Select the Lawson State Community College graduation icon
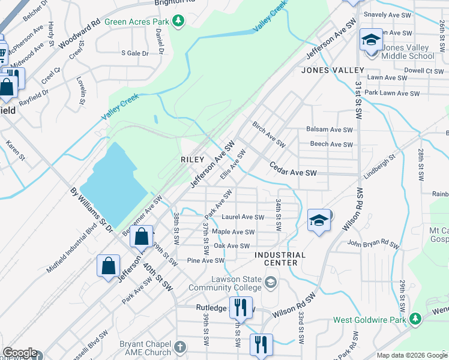coord(271,282)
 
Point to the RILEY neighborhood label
coord(193,160)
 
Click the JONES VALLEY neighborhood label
coord(324,70)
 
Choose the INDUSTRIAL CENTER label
coord(280,259)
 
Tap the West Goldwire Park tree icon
coord(415,319)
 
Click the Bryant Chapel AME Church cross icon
coord(179,347)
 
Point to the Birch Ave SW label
coord(268,136)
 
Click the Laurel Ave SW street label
coord(243,217)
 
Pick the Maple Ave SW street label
coord(233,232)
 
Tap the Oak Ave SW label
coord(232,246)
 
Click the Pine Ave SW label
coord(205,260)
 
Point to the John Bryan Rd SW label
coord(373,245)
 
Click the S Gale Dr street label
coord(134,53)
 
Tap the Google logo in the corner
coord(20,353)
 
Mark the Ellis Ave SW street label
coord(234,164)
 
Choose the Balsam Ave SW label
coord(330,130)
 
